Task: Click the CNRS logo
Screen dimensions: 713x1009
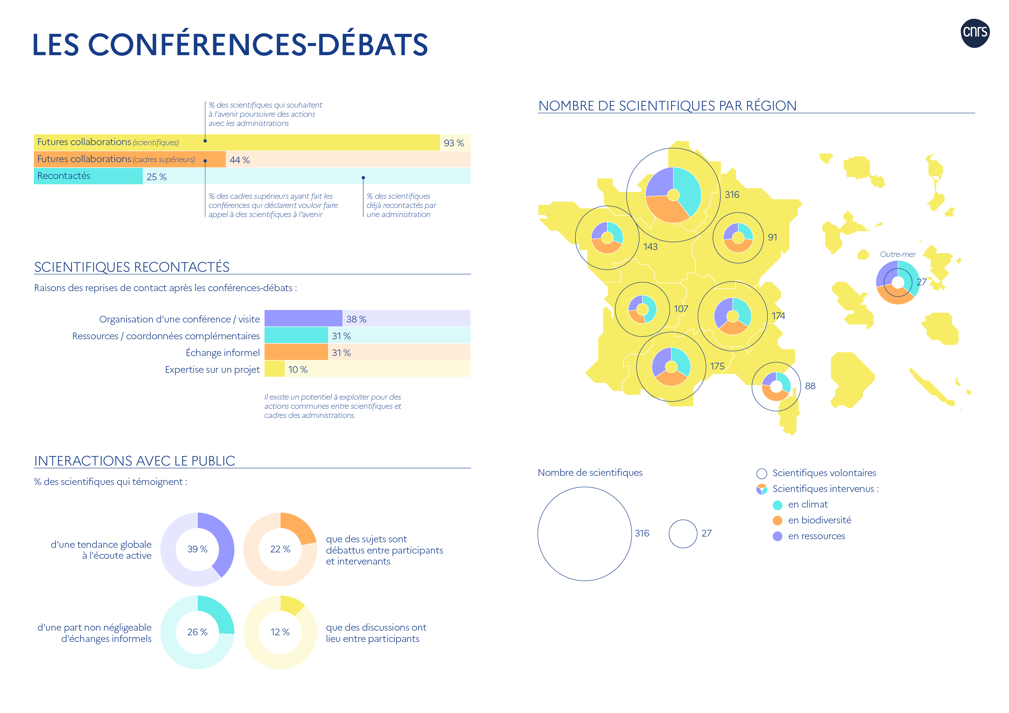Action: (x=975, y=33)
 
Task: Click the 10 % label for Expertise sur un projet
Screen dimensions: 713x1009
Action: (x=297, y=370)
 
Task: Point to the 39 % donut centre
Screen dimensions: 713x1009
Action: (x=197, y=549)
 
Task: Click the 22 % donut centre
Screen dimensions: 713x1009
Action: (x=280, y=549)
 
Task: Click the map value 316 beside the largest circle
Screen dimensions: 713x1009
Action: (x=732, y=194)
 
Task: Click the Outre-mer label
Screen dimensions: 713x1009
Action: (x=897, y=254)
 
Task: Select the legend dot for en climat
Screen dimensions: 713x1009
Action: (x=777, y=505)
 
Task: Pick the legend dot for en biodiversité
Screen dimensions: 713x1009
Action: (x=777, y=521)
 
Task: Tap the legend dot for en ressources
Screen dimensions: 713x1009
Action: (x=777, y=537)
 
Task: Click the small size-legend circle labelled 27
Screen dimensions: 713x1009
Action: (x=683, y=534)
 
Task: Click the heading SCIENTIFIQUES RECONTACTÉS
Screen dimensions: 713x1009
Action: (x=132, y=267)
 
